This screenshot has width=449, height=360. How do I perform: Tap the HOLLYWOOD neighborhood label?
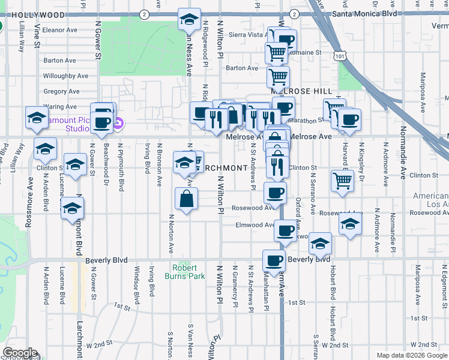point(29,14)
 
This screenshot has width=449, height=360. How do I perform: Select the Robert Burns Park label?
point(185,272)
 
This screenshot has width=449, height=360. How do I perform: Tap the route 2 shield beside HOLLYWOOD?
point(143,14)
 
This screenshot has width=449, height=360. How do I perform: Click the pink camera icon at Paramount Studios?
point(118,124)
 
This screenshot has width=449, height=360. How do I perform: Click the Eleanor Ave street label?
point(61,29)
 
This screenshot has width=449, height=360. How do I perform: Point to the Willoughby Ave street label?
point(65,76)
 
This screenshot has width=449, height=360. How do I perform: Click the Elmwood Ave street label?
point(255,225)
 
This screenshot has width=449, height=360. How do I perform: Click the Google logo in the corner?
point(20,353)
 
